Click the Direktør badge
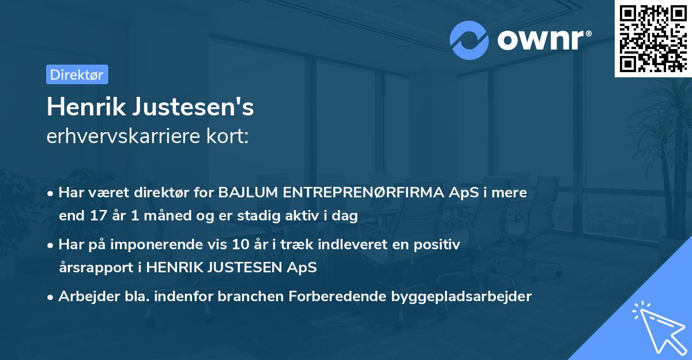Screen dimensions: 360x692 (x=77, y=74)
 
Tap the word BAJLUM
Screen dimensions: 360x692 (x=248, y=193)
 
